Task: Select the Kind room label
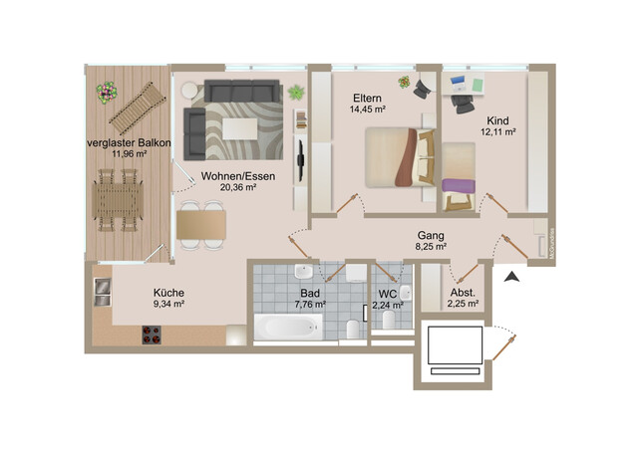497,119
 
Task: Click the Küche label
168,293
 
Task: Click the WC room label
389,293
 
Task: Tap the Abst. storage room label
463,293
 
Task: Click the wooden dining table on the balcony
119,204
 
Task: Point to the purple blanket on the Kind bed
458,185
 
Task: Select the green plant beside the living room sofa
296,92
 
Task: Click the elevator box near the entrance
455,347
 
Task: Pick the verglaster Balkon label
128,143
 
